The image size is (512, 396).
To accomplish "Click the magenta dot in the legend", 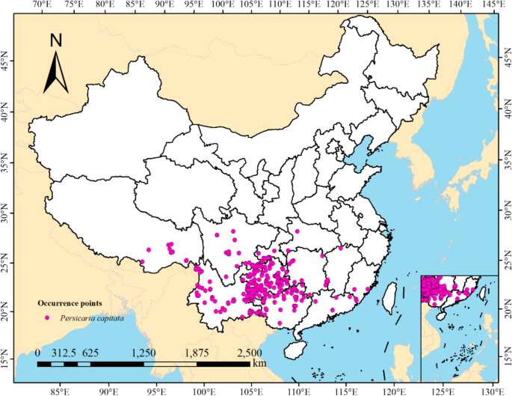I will [48, 317].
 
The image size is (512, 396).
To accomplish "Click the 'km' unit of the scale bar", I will [259, 363].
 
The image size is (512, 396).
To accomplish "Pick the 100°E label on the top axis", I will [222, 5].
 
